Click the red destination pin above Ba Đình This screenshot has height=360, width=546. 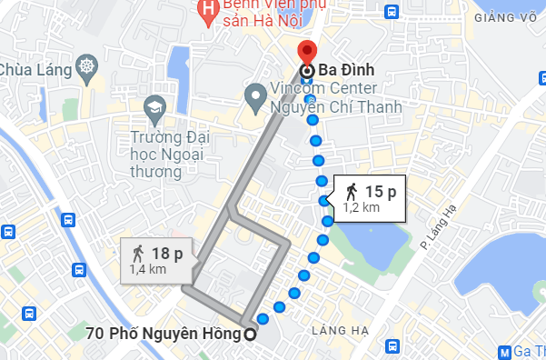coord(307,51)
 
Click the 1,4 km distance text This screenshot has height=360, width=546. coord(147,269)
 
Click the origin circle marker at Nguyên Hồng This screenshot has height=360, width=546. coord(250,334)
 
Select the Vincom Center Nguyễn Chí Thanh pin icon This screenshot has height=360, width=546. coord(255,94)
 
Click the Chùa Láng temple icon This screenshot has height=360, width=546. coord(86,68)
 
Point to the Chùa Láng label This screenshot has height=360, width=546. coord(35,69)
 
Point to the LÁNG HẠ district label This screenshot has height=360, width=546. coord(338,329)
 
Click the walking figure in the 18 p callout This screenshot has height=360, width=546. coord(138,254)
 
